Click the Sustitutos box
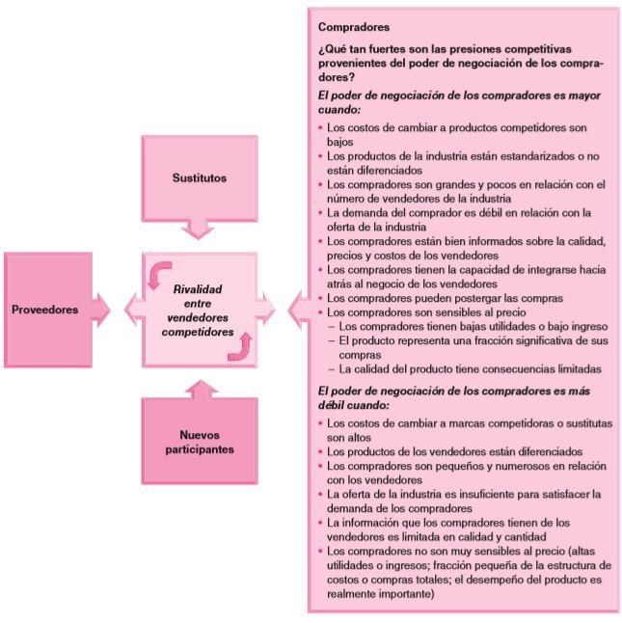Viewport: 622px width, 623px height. click(200, 179)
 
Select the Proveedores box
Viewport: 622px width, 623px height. click(45, 310)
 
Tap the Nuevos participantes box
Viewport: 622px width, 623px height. click(199, 441)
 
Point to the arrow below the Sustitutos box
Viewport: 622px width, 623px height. click(200, 229)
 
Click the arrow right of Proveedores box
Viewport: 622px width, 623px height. click(103, 310)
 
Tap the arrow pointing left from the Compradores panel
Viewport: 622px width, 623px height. click(269, 310)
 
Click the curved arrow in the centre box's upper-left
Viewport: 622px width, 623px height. click(160, 275)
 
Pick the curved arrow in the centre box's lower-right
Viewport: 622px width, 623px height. click(238, 345)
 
